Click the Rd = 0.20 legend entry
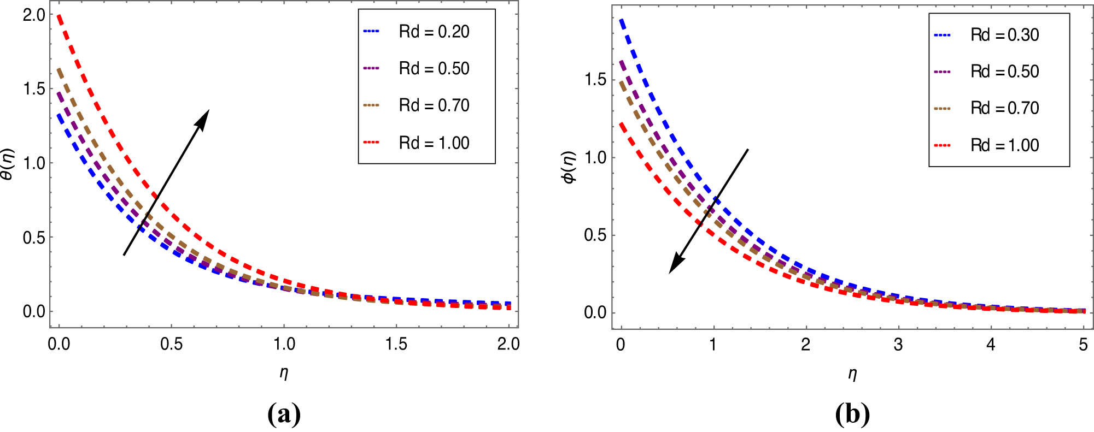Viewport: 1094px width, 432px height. (x=434, y=32)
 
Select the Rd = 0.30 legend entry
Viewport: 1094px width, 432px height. (x=1004, y=35)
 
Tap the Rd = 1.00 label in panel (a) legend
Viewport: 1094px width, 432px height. (x=434, y=143)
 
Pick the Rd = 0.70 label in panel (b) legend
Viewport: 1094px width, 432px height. (x=1004, y=108)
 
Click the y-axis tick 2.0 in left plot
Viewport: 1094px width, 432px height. (x=34, y=15)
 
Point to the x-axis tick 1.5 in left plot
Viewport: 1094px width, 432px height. (x=396, y=344)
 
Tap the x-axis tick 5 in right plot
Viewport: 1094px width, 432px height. (x=1083, y=345)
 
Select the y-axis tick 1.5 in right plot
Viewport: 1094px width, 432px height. (x=595, y=80)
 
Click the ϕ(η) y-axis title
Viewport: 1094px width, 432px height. (x=569, y=167)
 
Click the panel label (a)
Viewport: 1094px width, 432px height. (x=284, y=414)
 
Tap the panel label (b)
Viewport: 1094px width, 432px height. (x=852, y=415)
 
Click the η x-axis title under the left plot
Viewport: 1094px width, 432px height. (x=284, y=373)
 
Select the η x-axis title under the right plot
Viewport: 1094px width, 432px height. (x=852, y=374)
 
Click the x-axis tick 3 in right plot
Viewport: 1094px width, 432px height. (x=898, y=345)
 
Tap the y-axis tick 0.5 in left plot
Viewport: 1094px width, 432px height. (x=34, y=238)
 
